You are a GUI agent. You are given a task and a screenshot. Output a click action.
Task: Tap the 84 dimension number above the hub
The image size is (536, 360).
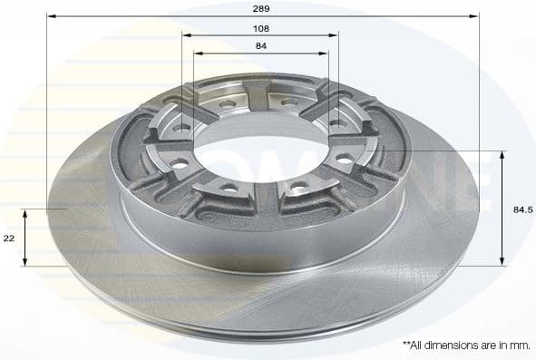[x=261, y=45]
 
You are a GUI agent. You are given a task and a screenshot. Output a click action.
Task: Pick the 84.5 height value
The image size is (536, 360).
[x=522, y=209]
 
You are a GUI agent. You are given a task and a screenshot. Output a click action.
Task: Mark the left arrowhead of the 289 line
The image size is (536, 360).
[x=50, y=16]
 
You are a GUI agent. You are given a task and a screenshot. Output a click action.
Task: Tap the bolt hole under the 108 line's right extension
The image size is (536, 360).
[x=336, y=122]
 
